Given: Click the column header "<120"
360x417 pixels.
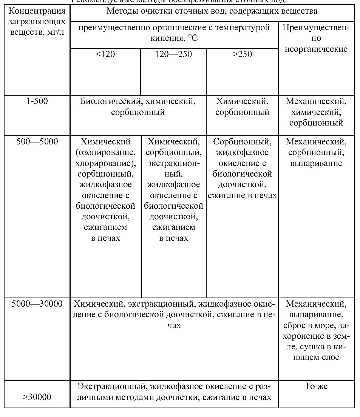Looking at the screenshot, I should coord(105,54).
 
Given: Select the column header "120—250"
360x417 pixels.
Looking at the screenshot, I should coord(173,54).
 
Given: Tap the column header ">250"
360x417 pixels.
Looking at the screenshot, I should coord(242,54).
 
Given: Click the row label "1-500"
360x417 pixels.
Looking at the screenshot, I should coord(37,101).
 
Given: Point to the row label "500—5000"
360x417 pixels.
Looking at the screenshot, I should coord(37,142).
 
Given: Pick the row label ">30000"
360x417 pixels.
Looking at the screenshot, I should coord(37,397).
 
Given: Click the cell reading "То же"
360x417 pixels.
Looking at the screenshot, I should coord(316,386).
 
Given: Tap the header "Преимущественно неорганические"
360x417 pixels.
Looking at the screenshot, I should coord(316,39).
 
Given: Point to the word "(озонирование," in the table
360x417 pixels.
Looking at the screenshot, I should coord(105,153).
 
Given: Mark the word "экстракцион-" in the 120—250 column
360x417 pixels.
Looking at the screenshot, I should coord(173,164).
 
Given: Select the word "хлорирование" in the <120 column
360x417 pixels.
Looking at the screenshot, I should coord(104,164).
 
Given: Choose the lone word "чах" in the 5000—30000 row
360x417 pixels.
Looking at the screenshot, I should coord(174,326).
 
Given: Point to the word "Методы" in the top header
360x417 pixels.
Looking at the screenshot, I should coord(122,11).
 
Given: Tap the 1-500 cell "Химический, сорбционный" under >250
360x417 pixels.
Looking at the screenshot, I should coord(242,107).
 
